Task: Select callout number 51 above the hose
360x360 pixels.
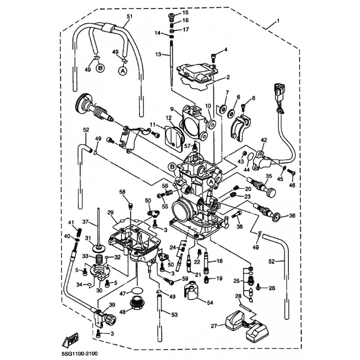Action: [130, 16]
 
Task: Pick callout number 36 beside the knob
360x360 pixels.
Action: [292, 216]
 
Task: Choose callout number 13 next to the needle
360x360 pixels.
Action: [158, 54]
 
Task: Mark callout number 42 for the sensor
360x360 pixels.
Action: [264, 140]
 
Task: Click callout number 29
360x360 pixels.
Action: [110, 211]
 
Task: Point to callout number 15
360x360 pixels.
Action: [185, 13]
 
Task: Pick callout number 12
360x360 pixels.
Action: [168, 117]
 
